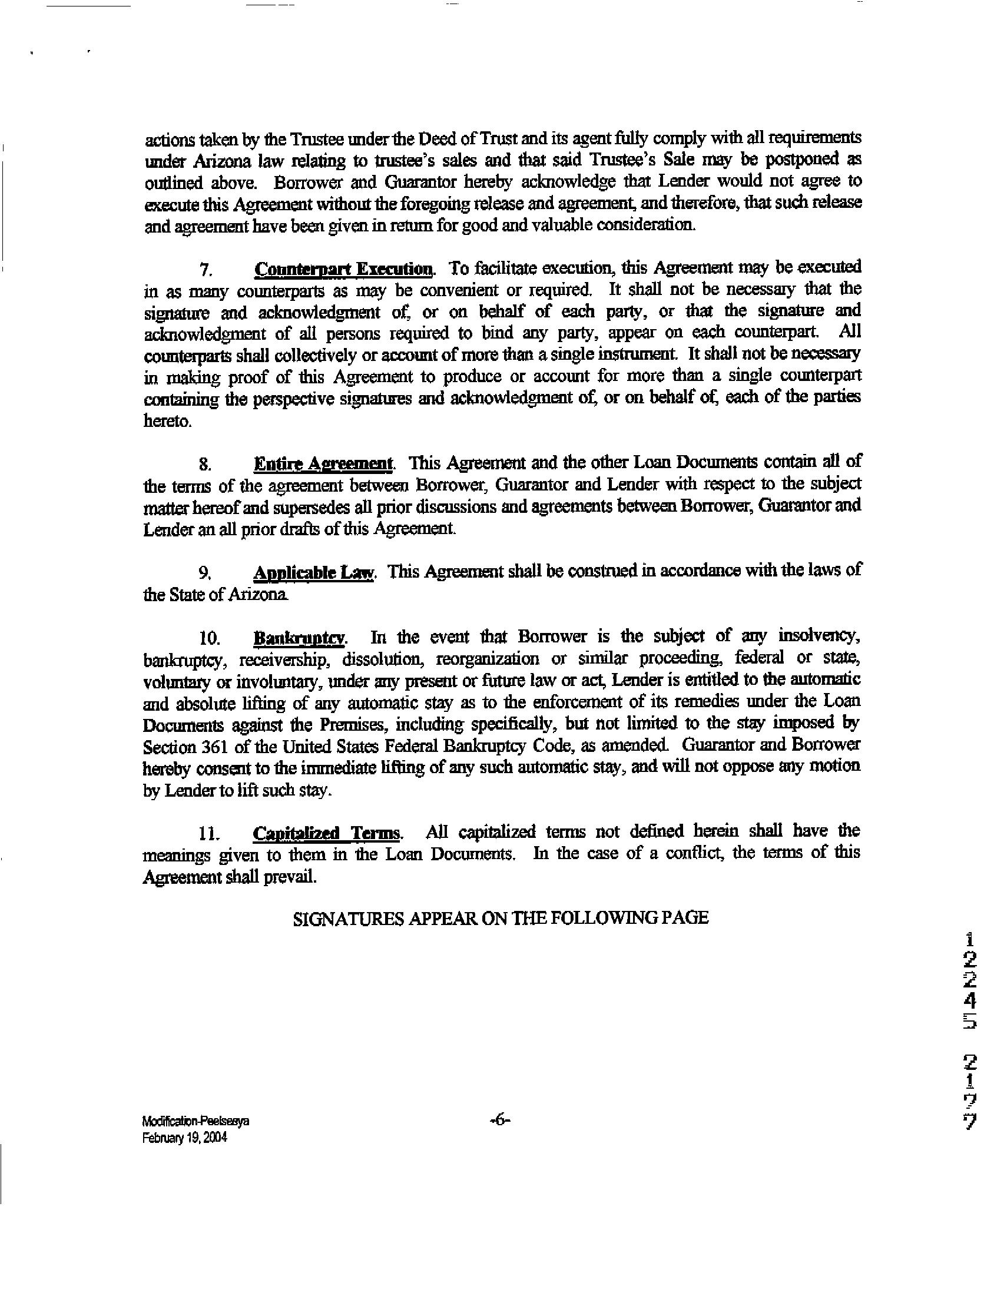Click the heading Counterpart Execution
(x=343, y=269)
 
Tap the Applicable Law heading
(x=314, y=572)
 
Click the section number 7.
(x=206, y=271)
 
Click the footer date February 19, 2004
(x=184, y=1138)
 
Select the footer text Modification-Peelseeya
(x=196, y=1122)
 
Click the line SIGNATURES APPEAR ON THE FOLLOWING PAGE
(x=501, y=917)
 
